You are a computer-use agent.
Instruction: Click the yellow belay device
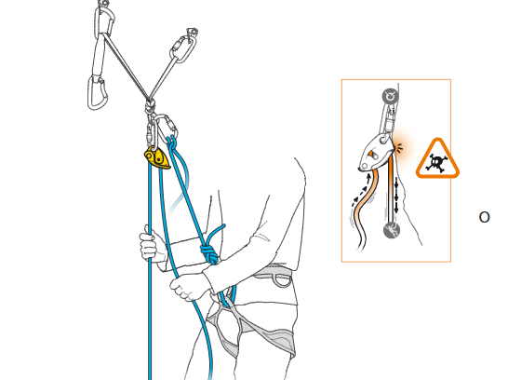click(157, 158)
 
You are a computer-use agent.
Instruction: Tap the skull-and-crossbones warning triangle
click(437, 159)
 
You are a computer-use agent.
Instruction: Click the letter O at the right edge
click(484, 217)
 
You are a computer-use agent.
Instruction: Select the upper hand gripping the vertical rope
click(149, 244)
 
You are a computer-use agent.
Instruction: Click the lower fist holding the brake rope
click(188, 286)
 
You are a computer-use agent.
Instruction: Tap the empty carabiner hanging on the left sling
click(97, 93)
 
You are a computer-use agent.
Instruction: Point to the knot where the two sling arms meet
click(150, 105)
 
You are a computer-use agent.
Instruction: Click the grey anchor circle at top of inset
click(390, 96)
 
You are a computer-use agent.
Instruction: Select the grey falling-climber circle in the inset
click(392, 230)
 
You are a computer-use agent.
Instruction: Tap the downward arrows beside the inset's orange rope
click(396, 197)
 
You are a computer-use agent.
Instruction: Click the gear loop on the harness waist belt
click(281, 280)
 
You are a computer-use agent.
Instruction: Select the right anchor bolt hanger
click(192, 33)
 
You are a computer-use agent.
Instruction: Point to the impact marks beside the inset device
click(400, 147)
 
